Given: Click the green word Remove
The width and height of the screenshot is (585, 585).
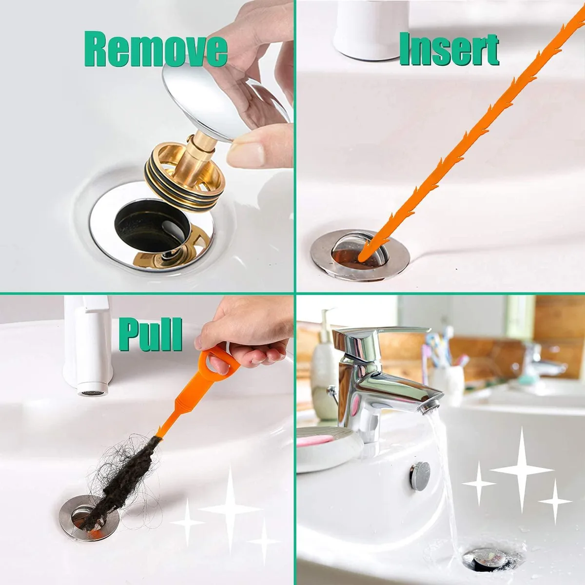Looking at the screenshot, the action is point(156,49).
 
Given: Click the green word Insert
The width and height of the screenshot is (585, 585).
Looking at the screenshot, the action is point(449,49).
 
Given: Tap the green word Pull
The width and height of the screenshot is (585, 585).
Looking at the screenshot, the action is point(151,335).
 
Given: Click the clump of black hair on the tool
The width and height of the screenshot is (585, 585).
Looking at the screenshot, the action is point(124,483).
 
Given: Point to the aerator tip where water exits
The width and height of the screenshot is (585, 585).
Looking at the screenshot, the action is point(429,407).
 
